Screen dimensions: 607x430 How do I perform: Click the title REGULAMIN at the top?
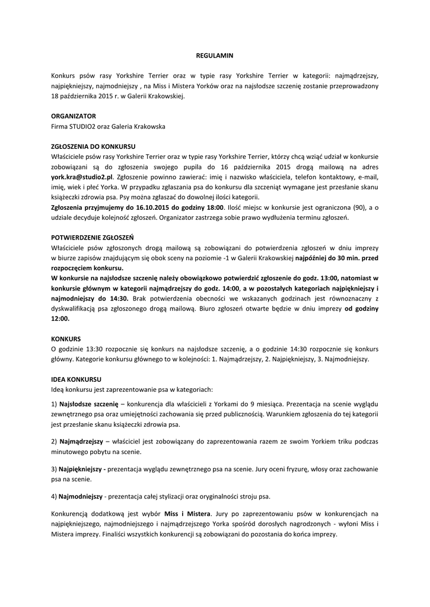pos(215,56)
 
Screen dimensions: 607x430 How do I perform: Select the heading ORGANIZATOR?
pos(74,116)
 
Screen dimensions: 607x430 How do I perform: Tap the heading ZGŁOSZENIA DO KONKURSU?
pos(94,146)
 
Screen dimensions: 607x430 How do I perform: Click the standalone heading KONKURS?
pos(66,338)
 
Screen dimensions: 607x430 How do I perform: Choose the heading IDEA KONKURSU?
pos(77,379)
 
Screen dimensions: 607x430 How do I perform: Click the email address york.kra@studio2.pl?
pos(81,177)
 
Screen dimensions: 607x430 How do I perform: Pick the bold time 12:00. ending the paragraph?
pos(60,318)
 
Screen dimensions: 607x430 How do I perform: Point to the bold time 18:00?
pos(214,207)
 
